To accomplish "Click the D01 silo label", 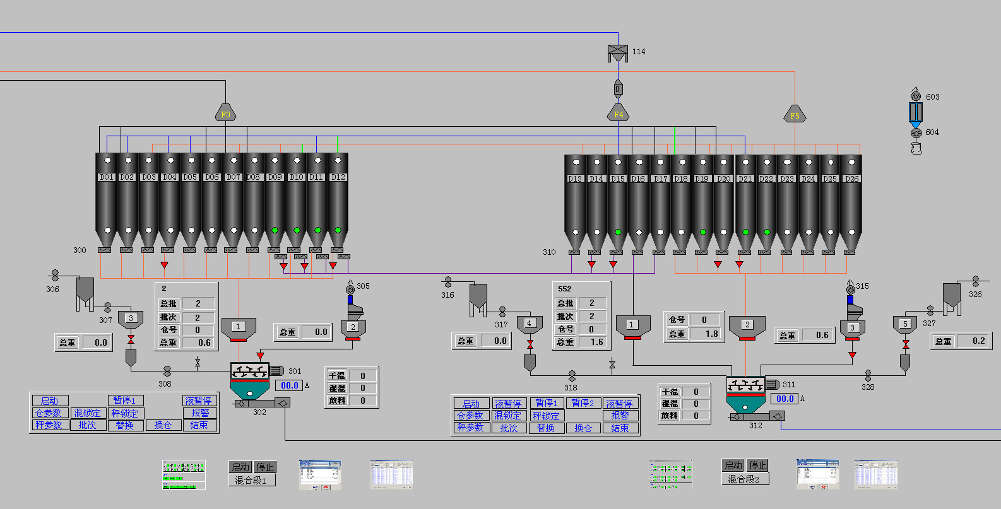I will click(x=106, y=177).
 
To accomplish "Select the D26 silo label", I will click(x=851, y=179).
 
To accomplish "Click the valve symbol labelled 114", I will click(x=617, y=53).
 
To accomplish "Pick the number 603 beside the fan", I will click(x=932, y=97).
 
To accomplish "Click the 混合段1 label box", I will click(x=251, y=481).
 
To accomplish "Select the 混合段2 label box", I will click(x=744, y=479).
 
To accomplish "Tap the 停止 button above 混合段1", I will click(x=265, y=467).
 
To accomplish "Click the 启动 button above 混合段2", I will click(x=733, y=465).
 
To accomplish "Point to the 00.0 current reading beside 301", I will click(x=289, y=385).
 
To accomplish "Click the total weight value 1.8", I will click(x=712, y=334).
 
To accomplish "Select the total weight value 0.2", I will click(x=978, y=341).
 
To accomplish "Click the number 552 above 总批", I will click(x=565, y=289).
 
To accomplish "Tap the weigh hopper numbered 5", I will click(x=905, y=325).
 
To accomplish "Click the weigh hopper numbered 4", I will click(x=530, y=324).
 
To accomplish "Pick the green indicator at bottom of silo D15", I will click(x=618, y=232).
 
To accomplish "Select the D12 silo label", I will click(x=338, y=177).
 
